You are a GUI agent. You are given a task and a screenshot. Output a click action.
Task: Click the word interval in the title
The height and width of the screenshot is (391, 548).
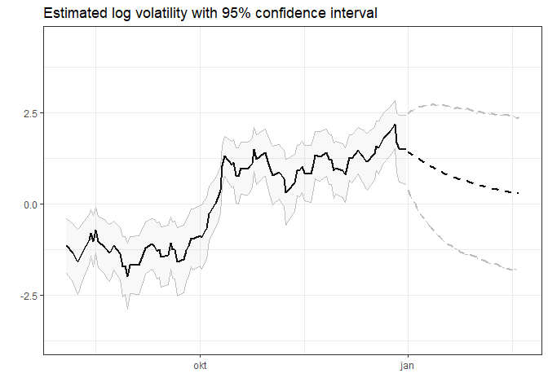click(x=355, y=14)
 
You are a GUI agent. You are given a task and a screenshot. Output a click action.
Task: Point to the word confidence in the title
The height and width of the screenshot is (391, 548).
click(x=291, y=14)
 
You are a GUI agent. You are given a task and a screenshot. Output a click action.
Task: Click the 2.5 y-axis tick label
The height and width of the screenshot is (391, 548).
click(x=29, y=113)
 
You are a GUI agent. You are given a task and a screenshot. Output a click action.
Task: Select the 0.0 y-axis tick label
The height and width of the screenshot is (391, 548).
click(x=29, y=204)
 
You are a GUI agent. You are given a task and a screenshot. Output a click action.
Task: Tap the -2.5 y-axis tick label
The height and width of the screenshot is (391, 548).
click(x=27, y=296)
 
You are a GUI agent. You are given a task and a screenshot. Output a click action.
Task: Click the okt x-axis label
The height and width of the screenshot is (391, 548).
click(x=199, y=367)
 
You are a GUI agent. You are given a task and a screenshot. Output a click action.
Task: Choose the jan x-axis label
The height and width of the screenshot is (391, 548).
click(x=407, y=367)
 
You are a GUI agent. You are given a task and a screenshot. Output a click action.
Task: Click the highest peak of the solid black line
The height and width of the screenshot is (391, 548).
click(x=395, y=125)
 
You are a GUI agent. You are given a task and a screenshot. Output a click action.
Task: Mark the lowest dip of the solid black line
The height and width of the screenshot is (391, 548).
click(x=127, y=277)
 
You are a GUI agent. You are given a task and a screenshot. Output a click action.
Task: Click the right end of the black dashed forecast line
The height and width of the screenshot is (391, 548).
click(x=519, y=193)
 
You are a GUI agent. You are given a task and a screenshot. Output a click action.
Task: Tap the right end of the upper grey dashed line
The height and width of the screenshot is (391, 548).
click(x=519, y=118)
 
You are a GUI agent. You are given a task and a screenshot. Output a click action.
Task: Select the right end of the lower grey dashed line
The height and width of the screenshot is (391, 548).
click(x=518, y=270)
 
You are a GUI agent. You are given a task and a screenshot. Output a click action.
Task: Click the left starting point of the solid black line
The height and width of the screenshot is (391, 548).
click(x=67, y=245)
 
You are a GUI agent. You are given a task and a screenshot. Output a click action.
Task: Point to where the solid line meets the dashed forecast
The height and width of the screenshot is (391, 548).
click(x=407, y=149)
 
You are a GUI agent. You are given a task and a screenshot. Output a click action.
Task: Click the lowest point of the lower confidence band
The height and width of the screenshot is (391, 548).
click(x=127, y=308)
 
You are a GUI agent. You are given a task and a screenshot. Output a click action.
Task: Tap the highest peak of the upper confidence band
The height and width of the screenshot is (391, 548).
click(x=395, y=101)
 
